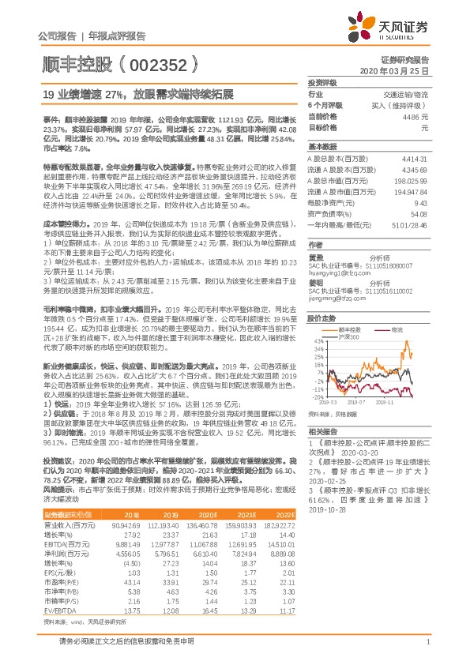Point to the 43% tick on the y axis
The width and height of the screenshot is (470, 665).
pos(317,341)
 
